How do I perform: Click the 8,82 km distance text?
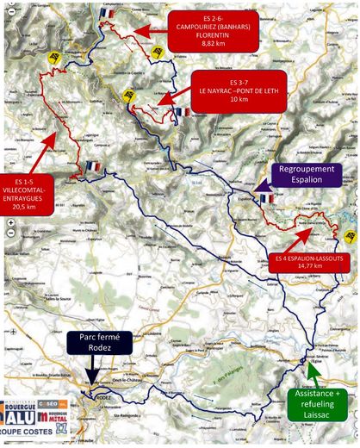point(211,41)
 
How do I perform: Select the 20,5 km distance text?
point(25,208)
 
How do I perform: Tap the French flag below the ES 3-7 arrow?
point(181,113)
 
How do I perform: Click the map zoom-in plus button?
point(9,222)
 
